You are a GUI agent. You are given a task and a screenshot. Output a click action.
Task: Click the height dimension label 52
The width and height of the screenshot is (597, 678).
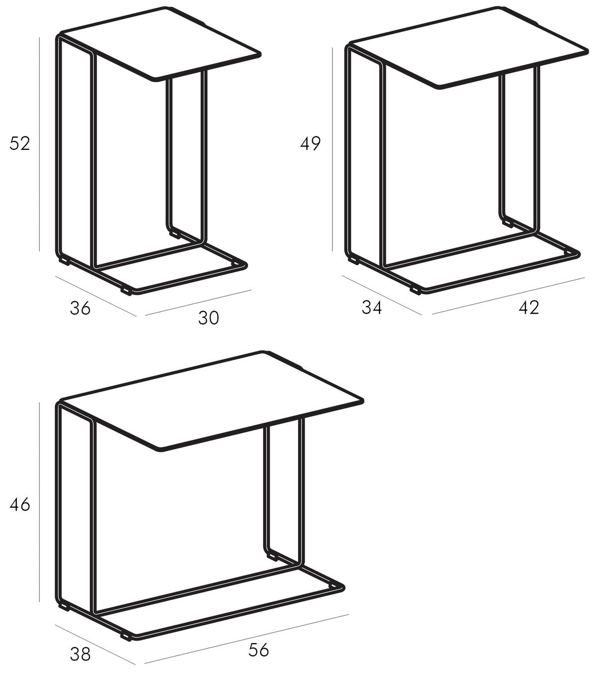[x=20, y=143]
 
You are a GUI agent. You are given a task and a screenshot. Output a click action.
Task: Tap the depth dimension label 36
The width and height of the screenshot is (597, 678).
[x=80, y=308]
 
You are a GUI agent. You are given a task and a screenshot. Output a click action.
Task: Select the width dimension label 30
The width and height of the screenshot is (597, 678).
[x=208, y=318]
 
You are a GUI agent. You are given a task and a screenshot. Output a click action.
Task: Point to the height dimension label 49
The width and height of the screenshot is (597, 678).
[x=310, y=143]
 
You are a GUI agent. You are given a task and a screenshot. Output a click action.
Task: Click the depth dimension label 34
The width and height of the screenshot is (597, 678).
[x=372, y=307]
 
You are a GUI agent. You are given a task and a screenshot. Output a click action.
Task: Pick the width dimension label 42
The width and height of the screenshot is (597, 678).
[x=529, y=307]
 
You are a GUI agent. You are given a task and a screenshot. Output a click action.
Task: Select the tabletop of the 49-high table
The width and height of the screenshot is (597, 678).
[x=468, y=47]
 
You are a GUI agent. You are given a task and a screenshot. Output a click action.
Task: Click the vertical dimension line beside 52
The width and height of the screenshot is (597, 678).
[x=39, y=144]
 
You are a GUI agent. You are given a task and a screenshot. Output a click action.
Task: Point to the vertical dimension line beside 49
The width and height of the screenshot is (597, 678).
[x=332, y=149]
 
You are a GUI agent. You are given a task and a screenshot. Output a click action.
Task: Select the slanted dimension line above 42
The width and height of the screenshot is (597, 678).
[x=508, y=295]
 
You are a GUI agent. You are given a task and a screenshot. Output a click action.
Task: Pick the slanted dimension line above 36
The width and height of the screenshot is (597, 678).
[x=96, y=296]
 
